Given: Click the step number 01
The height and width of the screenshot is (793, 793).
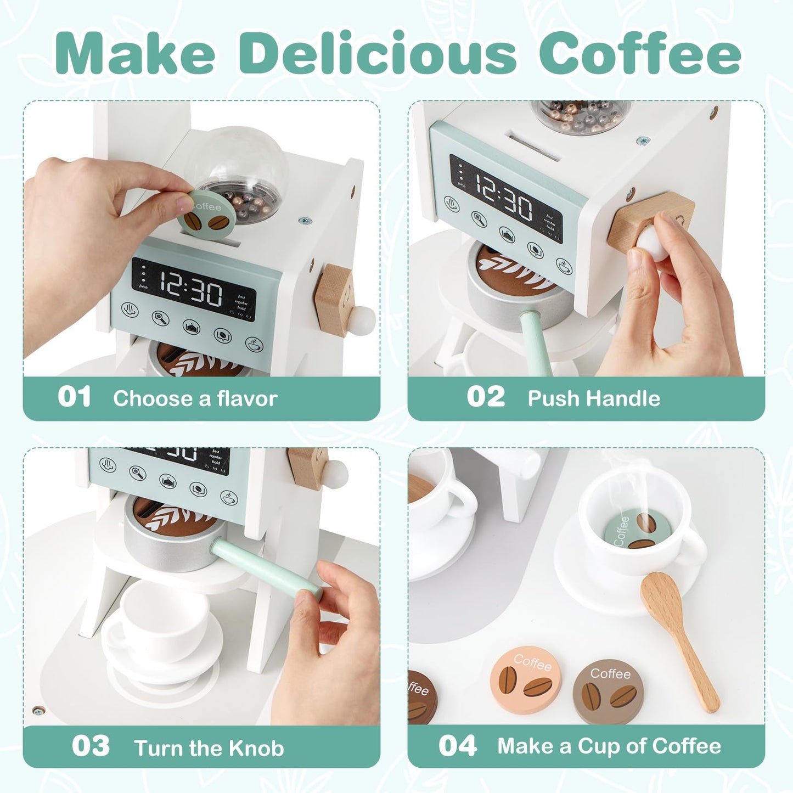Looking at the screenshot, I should [x=75, y=397].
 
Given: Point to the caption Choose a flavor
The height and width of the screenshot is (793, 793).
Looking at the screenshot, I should [x=195, y=398].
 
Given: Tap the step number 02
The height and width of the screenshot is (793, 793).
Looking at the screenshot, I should [x=486, y=397].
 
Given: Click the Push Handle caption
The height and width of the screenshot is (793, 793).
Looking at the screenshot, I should [x=594, y=398].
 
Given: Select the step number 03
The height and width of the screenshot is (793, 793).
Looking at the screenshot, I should [x=91, y=746].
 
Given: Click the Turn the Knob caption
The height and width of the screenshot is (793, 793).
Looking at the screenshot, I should [x=209, y=748].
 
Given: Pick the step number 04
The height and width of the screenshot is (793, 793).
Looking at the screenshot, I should [x=457, y=746].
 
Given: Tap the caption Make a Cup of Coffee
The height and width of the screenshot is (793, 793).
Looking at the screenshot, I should [x=609, y=746].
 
